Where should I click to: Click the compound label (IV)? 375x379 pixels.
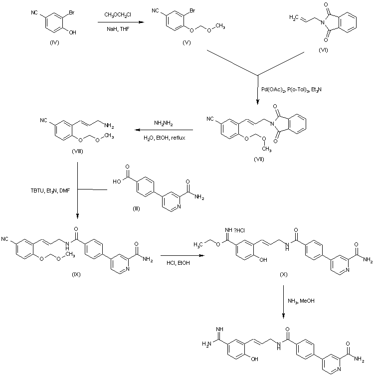[x=54, y=42]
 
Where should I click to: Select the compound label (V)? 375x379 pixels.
[x=187, y=42]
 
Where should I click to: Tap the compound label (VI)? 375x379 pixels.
[x=323, y=50]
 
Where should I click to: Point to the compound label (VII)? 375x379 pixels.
[x=259, y=159]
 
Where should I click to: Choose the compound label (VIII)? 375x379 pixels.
[x=77, y=151]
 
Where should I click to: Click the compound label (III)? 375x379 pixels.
[x=136, y=208]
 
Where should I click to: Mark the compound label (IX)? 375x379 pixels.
[x=76, y=274]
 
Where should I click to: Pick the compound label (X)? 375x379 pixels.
[x=284, y=274]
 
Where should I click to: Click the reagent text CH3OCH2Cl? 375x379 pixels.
[x=118, y=15]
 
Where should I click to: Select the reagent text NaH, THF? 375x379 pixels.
[x=118, y=29]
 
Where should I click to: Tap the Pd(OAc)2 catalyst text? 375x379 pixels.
[x=273, y=90]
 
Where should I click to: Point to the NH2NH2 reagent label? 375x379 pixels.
[x=164, y=124]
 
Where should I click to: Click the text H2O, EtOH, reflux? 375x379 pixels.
[x=165, y=138]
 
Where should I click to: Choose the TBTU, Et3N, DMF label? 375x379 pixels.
[x=50, y=190]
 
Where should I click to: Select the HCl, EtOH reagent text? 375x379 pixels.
[x=178, y=263]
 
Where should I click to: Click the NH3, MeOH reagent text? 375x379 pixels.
[x=301, y=301]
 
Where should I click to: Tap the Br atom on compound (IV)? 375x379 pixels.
[x=72, y=12]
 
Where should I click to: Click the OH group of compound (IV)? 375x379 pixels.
[x=72, y=32]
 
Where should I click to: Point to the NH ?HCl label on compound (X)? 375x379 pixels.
[x=235, y=230]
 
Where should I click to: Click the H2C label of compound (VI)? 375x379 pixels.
[x=294, y=17]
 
